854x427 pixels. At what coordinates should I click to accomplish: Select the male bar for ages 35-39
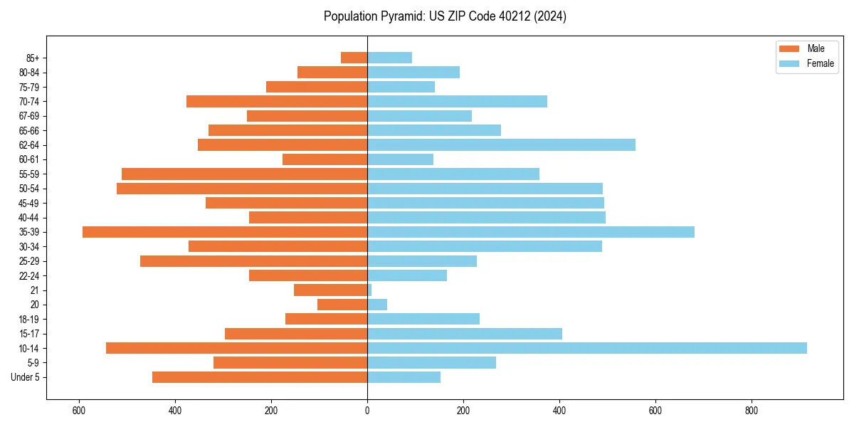pos(225,232)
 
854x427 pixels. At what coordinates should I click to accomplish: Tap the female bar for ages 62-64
pos(501,145)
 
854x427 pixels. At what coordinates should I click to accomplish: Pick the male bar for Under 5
pos(260,377)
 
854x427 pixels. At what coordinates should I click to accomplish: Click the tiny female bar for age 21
pos(369,290)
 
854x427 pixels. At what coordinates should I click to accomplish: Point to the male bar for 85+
pos(354,58)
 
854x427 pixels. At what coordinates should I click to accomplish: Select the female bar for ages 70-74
pos(457,102)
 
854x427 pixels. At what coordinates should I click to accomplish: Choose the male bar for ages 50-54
pos(242,189)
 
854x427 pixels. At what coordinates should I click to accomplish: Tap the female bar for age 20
pos(377,305)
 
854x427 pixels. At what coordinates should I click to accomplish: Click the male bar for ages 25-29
pos(253,261)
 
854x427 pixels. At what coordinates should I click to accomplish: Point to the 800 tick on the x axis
pos(752,411)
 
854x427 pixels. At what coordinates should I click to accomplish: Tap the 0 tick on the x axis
pos(367,411)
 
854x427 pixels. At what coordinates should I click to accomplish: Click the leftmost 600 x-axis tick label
pos(79,411)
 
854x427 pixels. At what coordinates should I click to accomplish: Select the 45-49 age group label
pos(29,203)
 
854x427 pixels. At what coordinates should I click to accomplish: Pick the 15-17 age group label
pos(29,334)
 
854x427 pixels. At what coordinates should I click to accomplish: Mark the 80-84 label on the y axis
pos(29,73)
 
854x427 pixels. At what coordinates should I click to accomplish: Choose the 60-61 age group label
pos(29,159)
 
